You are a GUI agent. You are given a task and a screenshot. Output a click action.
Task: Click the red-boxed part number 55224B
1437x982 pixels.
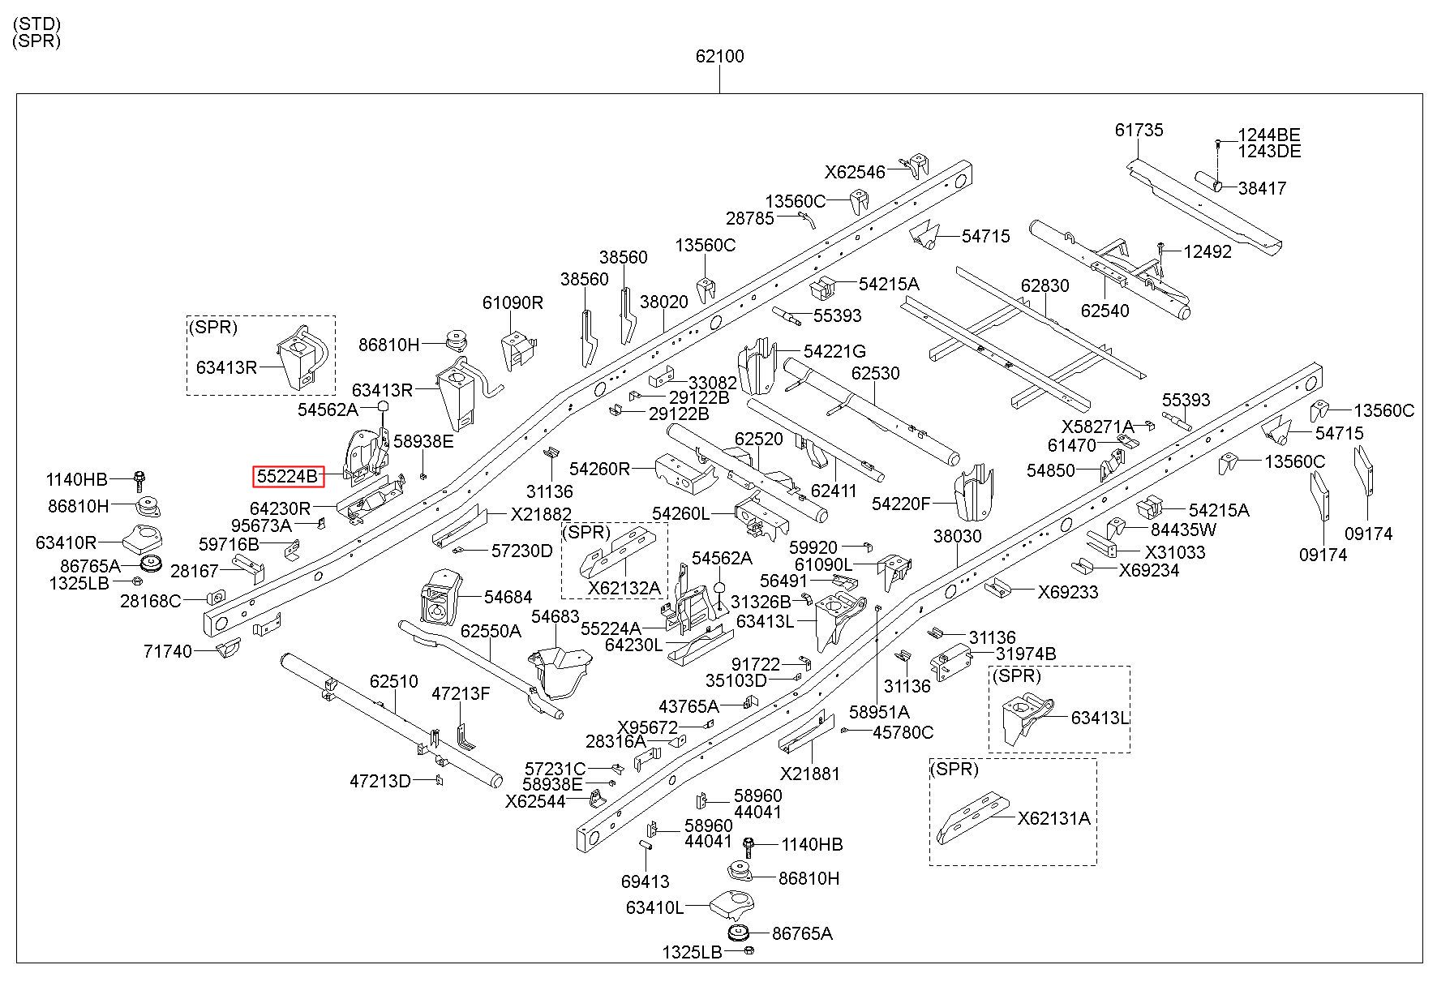point(288,477)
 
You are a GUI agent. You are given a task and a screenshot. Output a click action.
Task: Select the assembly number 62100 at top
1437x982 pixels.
point(719,57)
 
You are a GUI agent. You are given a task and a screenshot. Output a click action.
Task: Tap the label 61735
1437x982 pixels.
point(1139,130)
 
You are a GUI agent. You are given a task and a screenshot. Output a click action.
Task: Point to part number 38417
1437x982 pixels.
point(1263,188)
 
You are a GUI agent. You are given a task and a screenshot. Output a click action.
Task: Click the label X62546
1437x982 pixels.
point(856,172)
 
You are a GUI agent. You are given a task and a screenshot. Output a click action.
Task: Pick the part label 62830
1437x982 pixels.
point(1045,286)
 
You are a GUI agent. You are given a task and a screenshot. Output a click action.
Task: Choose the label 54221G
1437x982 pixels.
point(834,351)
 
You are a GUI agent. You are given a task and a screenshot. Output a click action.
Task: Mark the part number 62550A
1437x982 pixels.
point(491,631)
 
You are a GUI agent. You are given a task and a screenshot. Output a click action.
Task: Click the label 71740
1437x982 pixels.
point(168,651)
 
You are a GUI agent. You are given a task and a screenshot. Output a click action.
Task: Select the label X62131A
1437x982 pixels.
point(1054,818)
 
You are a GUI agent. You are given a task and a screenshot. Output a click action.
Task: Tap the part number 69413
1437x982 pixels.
point(645,881)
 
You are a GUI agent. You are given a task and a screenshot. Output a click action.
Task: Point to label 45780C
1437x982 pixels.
point(903,732)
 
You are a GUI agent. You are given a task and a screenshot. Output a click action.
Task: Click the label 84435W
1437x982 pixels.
point(1184,530)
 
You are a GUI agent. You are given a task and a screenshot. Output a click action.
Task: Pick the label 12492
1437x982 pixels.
point(1208,251)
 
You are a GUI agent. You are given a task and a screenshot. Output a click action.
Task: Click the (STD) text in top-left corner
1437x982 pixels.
point(37,24)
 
